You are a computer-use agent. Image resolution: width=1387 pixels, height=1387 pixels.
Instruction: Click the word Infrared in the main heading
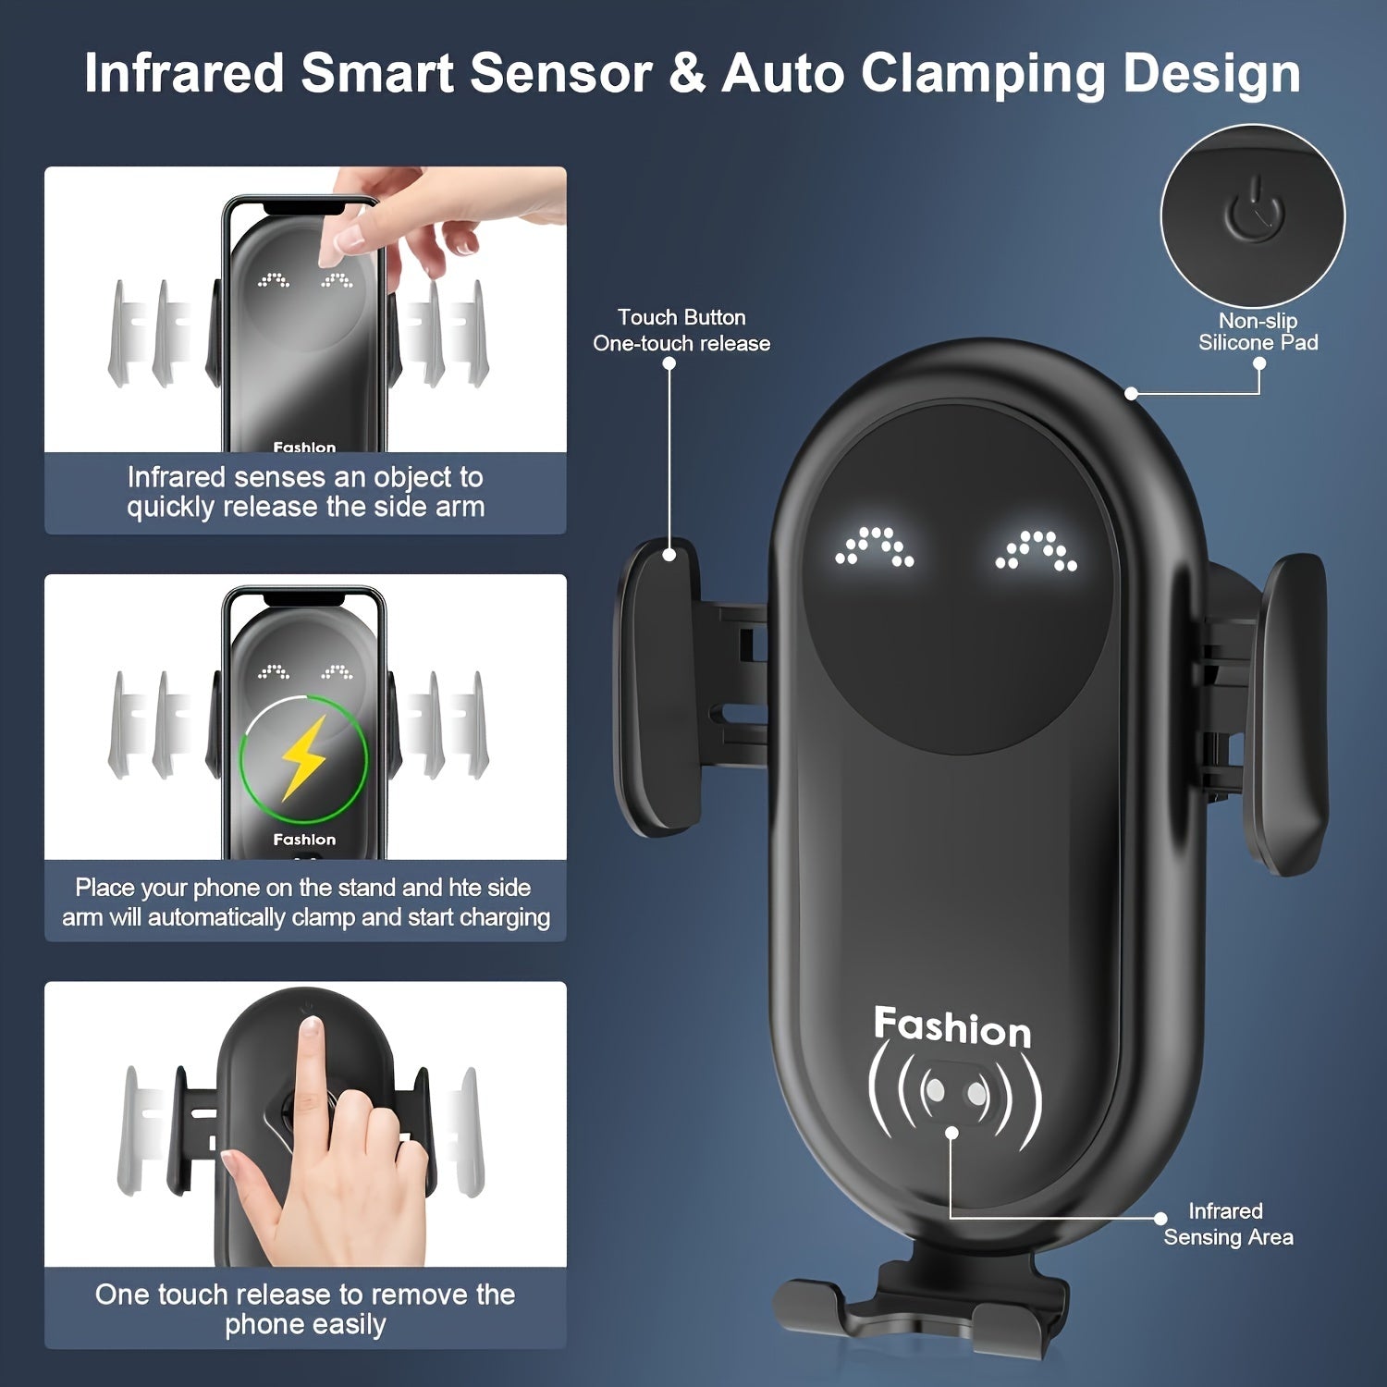coord(184,73)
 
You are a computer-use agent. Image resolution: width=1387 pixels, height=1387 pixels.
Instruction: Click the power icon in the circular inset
coord(1254,212)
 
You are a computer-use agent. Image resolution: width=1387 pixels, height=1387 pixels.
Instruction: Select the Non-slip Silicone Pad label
coord(1258,332)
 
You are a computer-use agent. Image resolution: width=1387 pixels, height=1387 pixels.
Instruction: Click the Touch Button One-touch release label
coord(681,330)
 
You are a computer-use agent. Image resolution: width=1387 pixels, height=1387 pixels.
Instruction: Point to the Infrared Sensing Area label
coord(1227,1224)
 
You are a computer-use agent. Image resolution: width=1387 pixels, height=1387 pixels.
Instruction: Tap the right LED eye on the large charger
coord(1036,550)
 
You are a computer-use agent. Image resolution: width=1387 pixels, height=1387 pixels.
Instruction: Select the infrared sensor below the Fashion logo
coord(955,1094)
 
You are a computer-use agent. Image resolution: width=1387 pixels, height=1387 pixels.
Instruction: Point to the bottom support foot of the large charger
coord(920,1308)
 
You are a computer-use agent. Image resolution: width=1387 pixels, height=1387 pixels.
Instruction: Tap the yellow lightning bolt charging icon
coord(303,758)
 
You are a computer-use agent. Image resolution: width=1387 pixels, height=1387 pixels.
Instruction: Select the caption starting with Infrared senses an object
coord(305,492)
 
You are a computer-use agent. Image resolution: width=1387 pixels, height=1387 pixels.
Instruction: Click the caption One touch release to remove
coord(305,1309)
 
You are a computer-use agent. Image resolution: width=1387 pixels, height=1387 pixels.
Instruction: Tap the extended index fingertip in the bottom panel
coord(311,1028)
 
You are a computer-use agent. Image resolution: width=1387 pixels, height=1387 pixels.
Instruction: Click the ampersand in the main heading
coord(686,74)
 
